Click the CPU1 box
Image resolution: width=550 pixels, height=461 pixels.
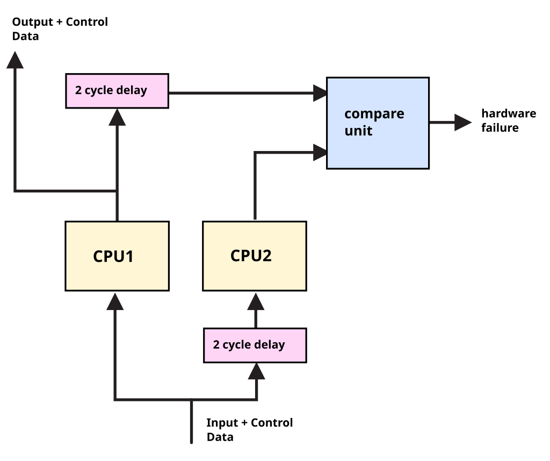click(117, 256)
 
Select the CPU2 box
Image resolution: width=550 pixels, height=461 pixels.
click(255, 256)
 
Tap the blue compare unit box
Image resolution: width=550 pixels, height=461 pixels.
click(378, 123)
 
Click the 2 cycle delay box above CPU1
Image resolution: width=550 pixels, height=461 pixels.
click(117, 91)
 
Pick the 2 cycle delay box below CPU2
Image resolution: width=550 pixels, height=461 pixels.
click(255, 345)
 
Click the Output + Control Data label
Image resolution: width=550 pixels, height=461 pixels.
click(60, 29)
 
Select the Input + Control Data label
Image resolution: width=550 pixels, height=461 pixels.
click(249, 429)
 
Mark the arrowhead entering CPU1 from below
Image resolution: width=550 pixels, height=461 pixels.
click(115, 301)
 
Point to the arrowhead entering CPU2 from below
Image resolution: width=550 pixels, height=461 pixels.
click(256, 301)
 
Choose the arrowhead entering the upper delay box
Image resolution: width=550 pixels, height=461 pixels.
click(117, 117)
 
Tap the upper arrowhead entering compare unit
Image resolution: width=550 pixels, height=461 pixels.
click(321, 93)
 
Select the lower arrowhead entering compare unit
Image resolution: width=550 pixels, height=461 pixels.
click(321, 152)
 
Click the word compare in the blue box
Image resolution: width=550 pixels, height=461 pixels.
click(374, 114)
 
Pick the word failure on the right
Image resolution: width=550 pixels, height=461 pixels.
click(500, 128)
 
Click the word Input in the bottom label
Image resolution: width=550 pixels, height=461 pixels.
click(222, 423)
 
